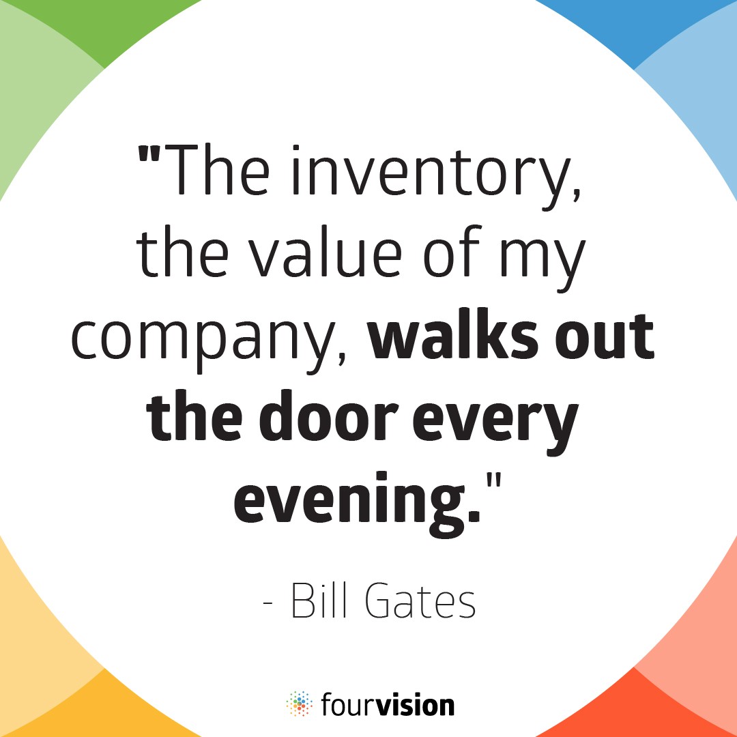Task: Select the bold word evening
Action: click(357, 502)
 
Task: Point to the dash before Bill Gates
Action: click(268, 603)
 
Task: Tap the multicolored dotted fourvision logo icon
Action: click(300, 704)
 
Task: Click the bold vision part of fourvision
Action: click(416, 704)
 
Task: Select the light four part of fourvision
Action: click(349, 704)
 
